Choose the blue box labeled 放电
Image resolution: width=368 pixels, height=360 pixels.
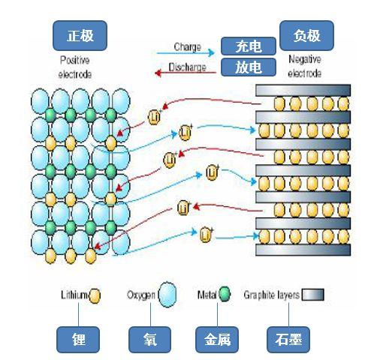coord(248,68)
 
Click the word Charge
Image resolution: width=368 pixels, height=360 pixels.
coord(187,46)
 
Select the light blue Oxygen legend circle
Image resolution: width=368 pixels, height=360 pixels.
coord(167,295)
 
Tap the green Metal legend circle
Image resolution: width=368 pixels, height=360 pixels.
coord(224,295)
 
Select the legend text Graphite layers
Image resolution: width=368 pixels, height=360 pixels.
coord(271,295)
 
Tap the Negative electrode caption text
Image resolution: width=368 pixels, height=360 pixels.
coord(304,65)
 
